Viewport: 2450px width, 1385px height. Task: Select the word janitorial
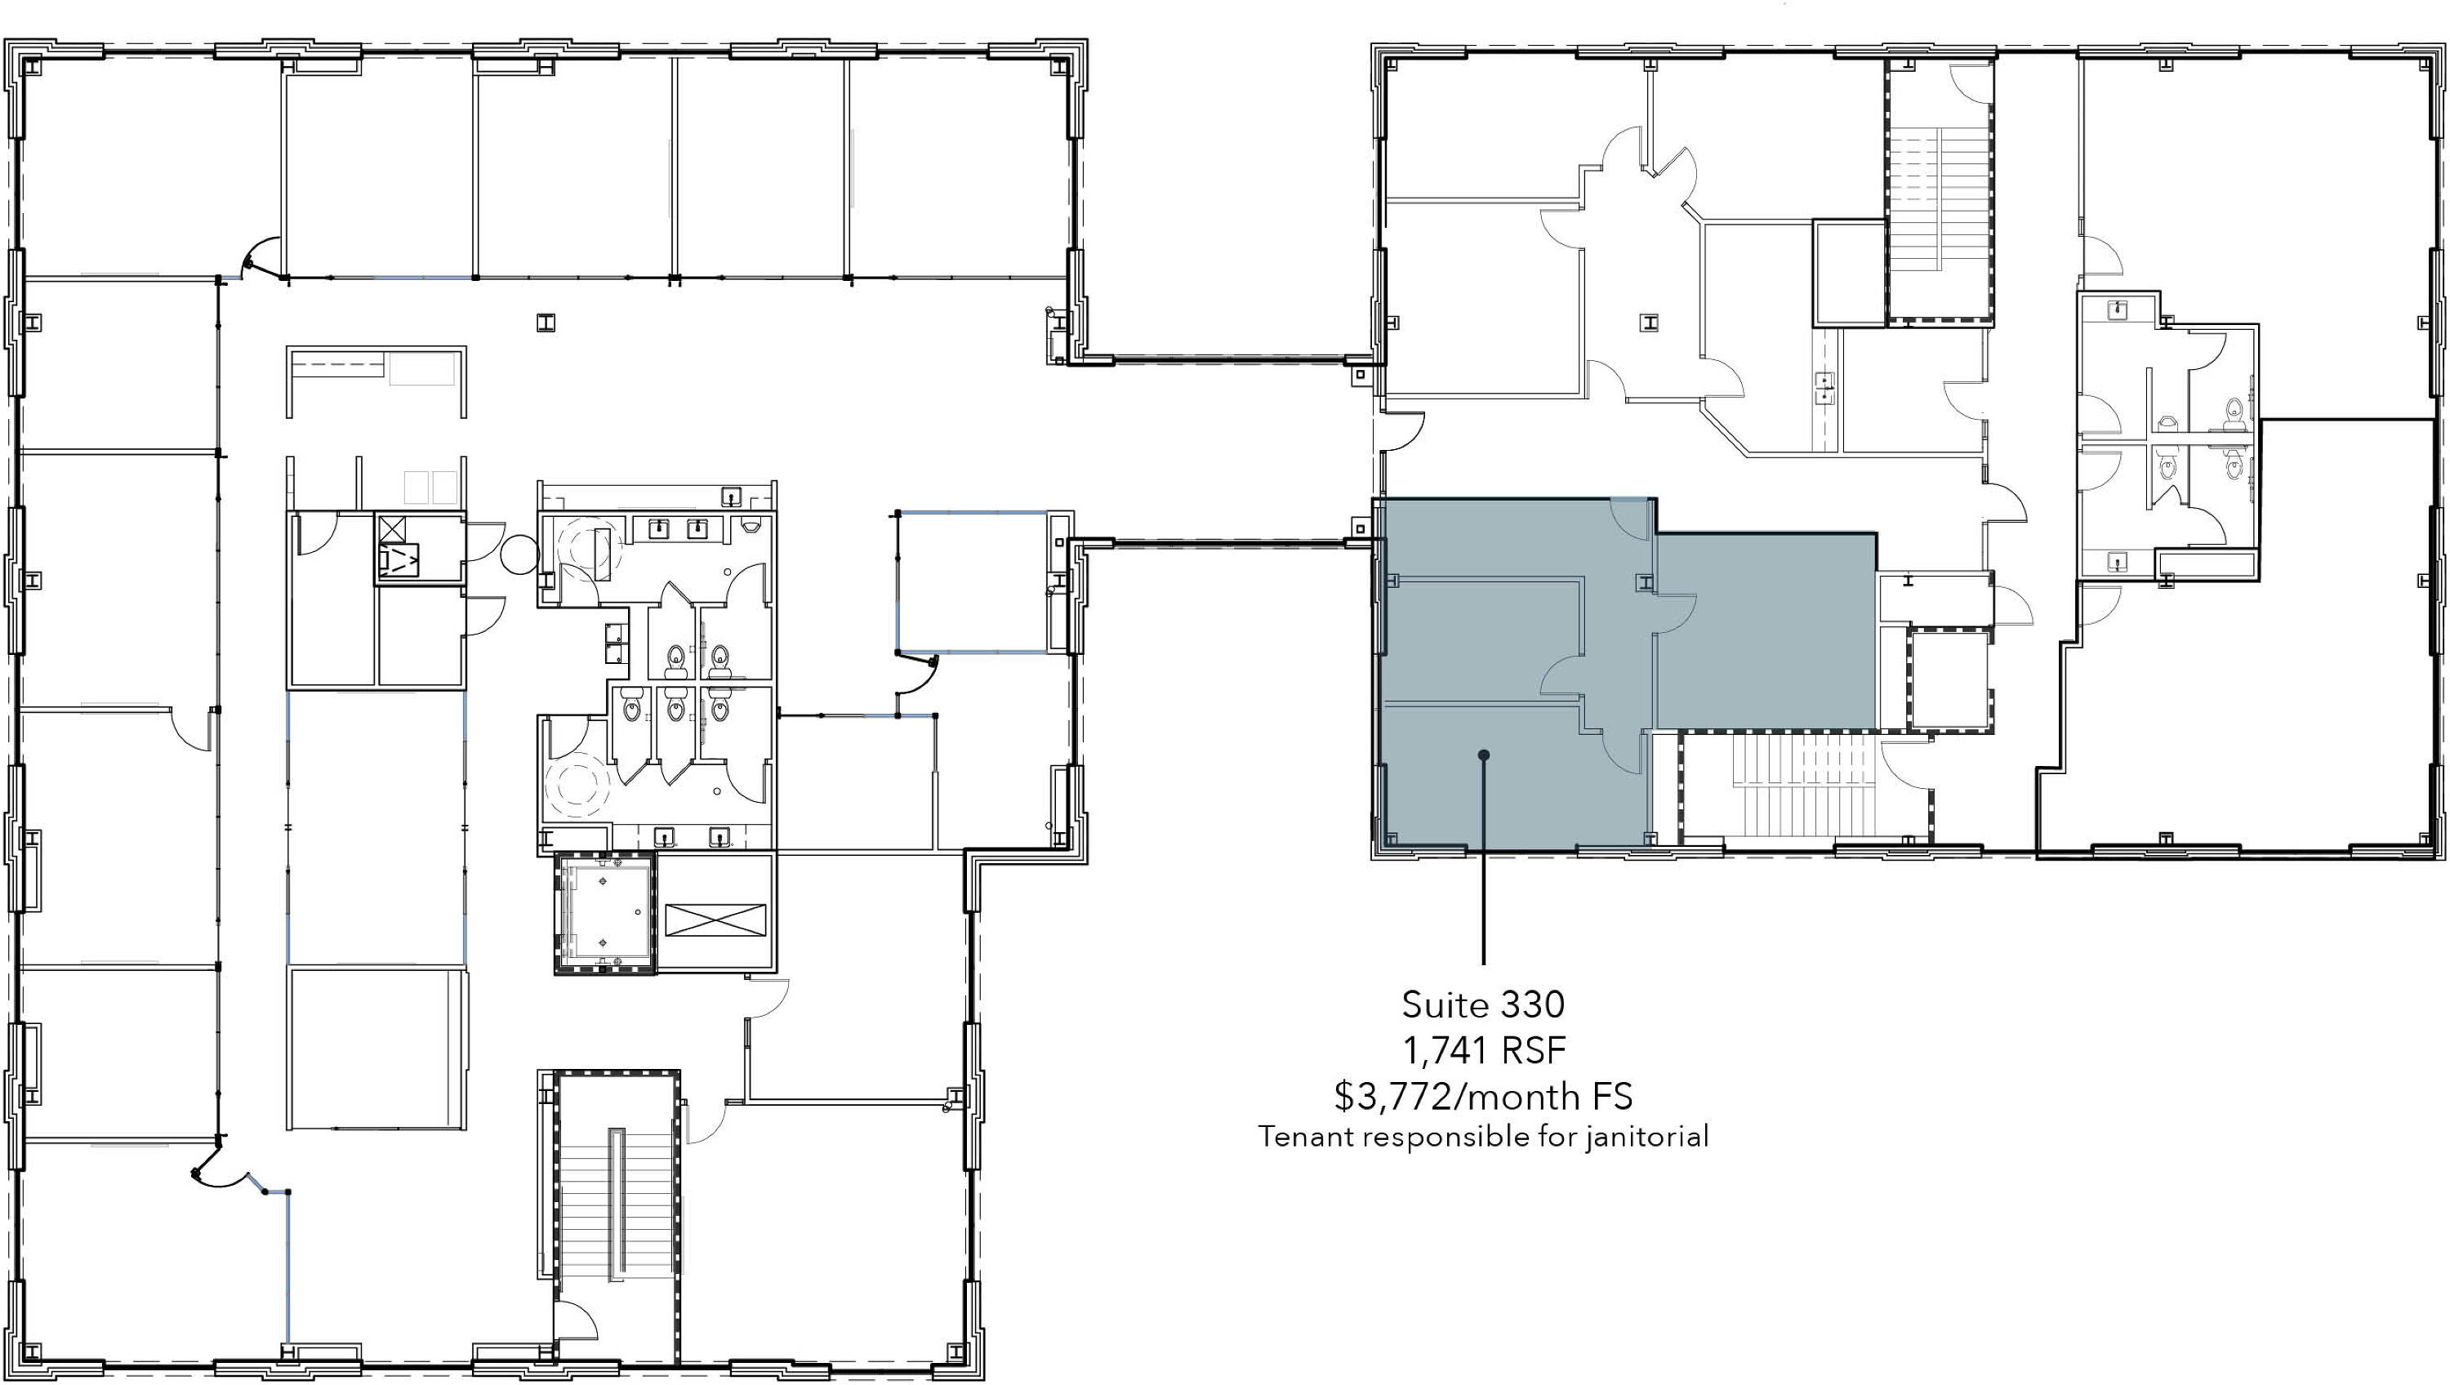[1646, 1137]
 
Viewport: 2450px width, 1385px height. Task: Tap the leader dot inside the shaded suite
[1484, 755]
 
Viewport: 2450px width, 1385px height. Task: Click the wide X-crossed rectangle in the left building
[715, 921]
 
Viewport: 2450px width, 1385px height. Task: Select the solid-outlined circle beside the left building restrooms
[520, 554]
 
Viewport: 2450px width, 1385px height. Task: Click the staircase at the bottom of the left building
[617, 1217]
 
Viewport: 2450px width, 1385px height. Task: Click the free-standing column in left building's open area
[545, 323]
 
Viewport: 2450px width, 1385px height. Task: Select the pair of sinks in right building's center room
[1825, 388]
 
